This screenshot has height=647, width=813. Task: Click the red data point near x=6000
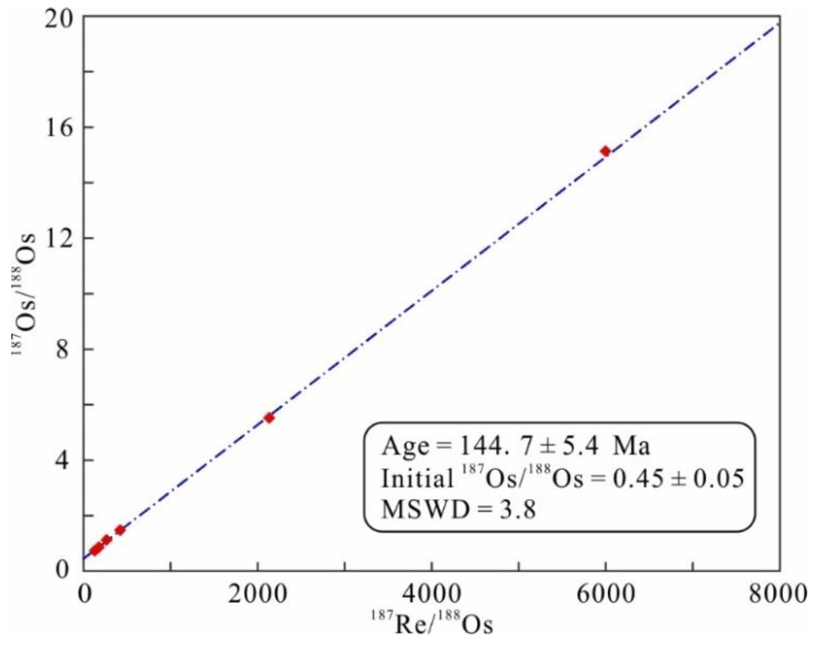click(605, 151)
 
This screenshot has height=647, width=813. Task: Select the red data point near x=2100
click(269, 418)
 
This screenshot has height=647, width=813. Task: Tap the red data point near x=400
click(120, 530)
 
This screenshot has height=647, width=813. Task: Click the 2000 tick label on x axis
click(258, 594)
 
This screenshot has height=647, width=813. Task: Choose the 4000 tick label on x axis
click(432, 594)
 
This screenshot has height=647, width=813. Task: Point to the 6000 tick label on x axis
click(606, 594)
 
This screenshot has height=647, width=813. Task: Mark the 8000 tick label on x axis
click(777, 594)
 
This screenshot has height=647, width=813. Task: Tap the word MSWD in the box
click(424, 510)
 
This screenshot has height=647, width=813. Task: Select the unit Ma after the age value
click(631, 447)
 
